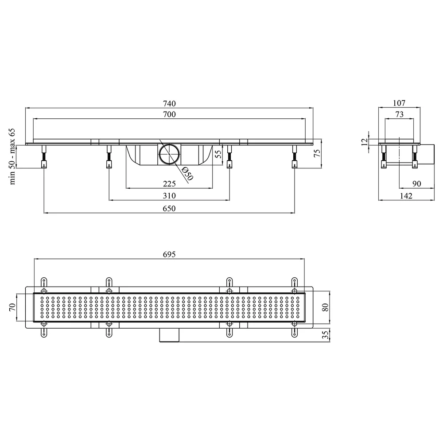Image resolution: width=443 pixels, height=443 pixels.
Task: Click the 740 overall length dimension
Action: (x=169, y=103)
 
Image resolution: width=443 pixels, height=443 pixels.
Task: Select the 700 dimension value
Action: (x=169, y=114)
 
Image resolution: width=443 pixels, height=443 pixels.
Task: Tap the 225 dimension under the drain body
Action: (x=169, y=184)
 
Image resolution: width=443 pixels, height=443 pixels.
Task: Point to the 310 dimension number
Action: (x=169, y=195)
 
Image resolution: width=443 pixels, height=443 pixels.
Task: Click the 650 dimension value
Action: (x=169, y=208)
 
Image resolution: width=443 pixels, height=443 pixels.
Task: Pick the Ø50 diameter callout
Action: (x=187, y=174)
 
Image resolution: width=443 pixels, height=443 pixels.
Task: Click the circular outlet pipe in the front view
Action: (x=169, y=154)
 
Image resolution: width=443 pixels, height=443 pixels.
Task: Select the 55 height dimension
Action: (x=219, y=154)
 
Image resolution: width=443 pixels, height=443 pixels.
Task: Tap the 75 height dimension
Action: (x=317, y=153)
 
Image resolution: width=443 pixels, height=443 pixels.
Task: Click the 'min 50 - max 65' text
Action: (x=12, y=156)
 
